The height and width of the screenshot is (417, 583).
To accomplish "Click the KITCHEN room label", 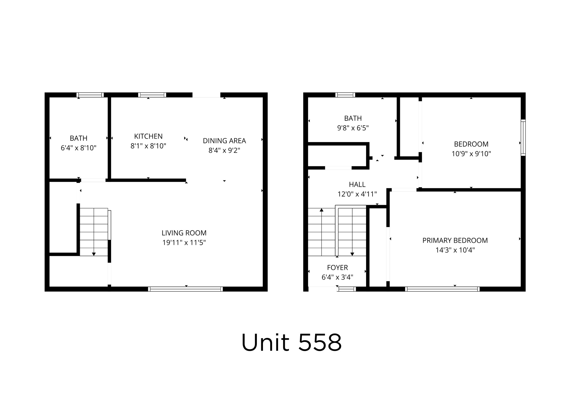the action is tap(148, 136).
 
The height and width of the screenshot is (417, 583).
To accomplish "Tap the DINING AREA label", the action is tap(224, 141).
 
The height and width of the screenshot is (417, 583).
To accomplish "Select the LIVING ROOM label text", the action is tap(184, 233).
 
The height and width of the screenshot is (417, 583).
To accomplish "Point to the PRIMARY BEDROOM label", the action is tap(455, 240).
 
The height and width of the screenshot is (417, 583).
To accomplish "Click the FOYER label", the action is tap(338, 268).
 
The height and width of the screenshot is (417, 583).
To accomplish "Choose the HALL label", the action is tap(357, 184).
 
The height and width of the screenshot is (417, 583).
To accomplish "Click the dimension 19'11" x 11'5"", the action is tap(184, 242).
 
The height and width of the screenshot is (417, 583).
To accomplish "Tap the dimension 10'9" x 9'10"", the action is tap(471, 154).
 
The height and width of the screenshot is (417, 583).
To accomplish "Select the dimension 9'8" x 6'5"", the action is tap(353, 128).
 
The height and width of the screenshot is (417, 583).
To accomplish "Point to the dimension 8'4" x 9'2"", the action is tap(224, 151).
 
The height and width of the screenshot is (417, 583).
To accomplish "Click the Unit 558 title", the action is tap(291, 343).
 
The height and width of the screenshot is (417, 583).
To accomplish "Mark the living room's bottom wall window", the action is tap(185, 289).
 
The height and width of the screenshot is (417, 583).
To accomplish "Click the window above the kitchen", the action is tap(152, 95).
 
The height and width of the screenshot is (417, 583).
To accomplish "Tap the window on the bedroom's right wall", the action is tap(523, 137).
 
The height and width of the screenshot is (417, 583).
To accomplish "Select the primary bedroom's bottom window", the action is tap(442, 289).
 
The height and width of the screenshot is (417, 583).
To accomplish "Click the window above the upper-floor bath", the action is tap(345, 95).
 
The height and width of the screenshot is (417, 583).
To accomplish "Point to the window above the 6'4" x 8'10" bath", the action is tap(90, 95).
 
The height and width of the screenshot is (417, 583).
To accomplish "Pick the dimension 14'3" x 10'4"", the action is tap(455, 250).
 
